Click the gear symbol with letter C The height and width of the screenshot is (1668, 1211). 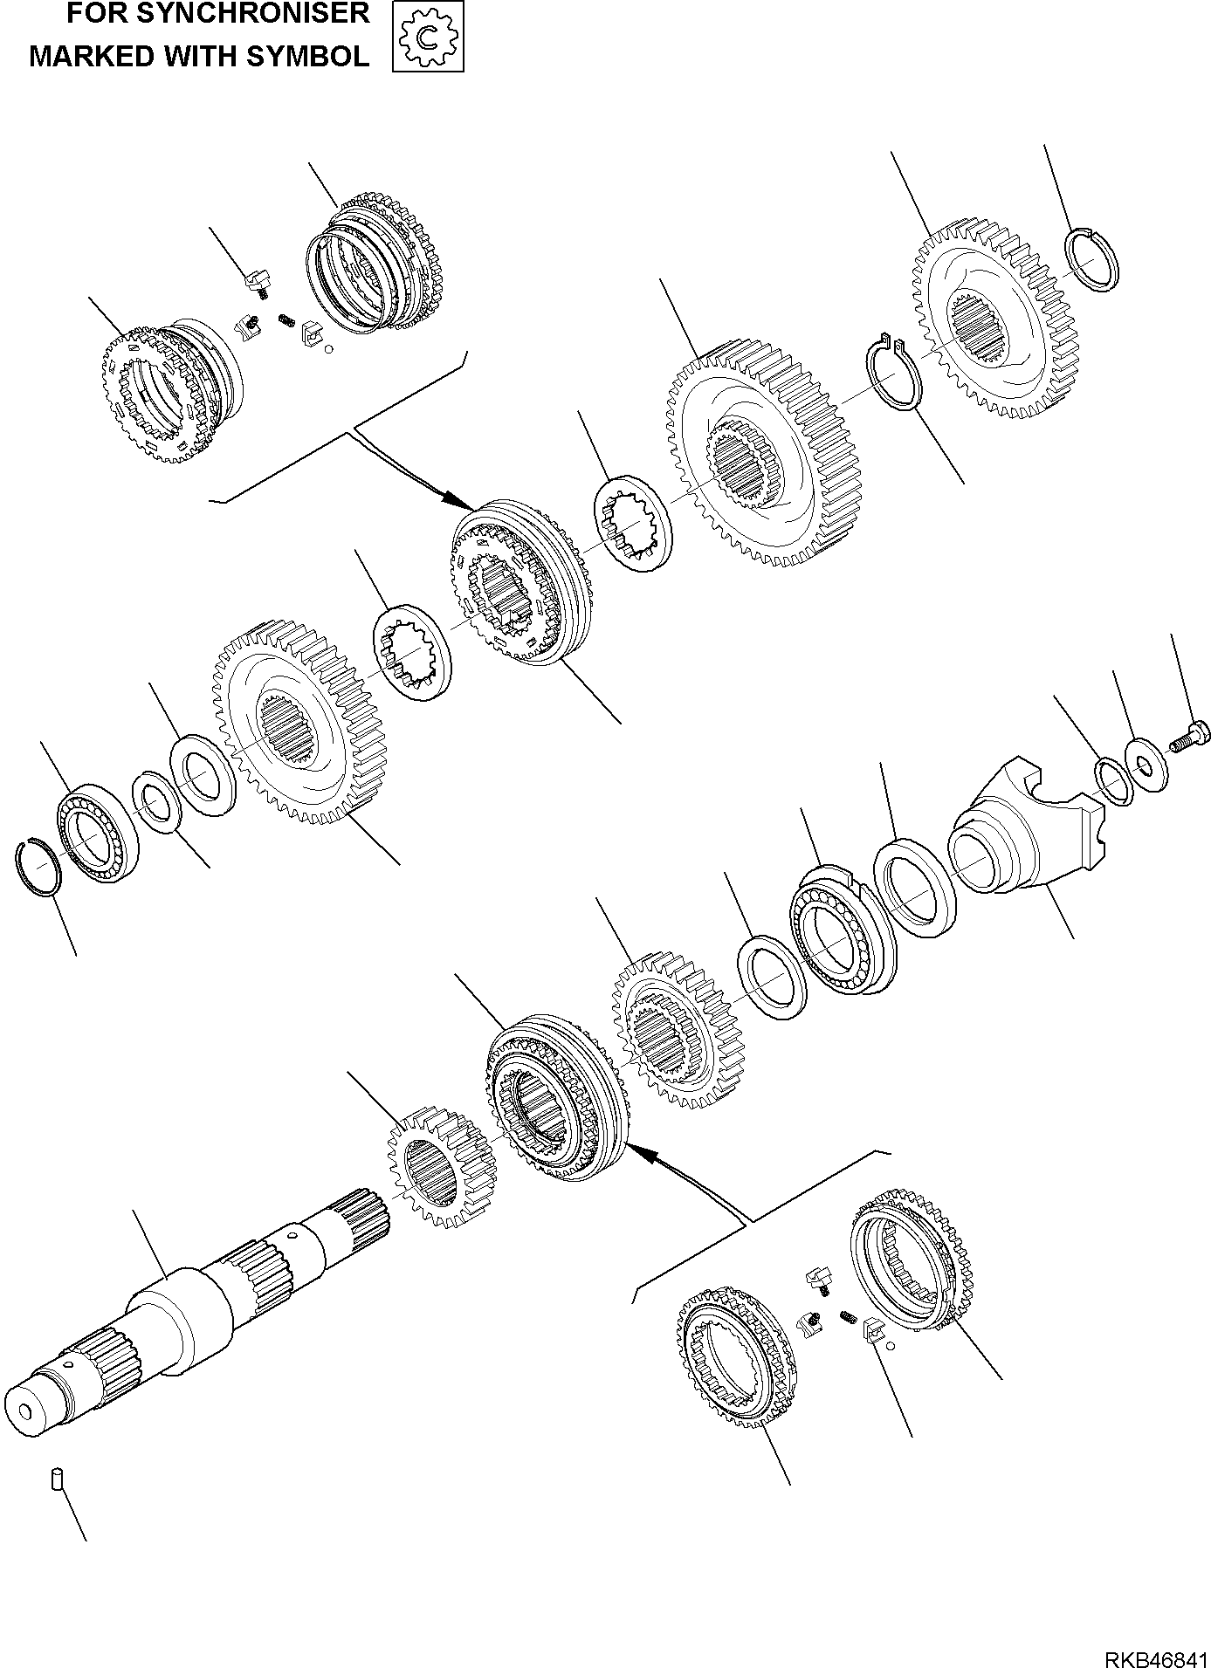coord(428,36)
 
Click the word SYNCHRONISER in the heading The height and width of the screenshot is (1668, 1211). coord(254,14)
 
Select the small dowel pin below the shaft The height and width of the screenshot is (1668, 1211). coord(56,1480)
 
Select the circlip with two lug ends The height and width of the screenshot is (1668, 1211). coord(892,372)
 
